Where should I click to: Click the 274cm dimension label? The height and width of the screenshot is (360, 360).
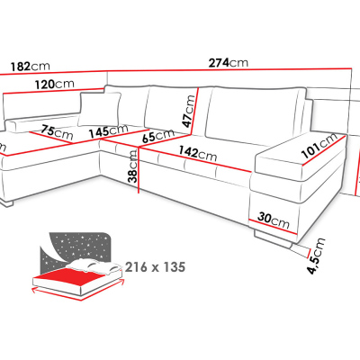click(229, 63)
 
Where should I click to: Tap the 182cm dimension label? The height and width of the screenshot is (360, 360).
click(30, 66)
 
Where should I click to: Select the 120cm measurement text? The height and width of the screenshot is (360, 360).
click(54, 84)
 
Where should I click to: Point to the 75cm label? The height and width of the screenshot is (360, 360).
click(57, 133)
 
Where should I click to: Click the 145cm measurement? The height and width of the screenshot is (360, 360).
click(108, 131)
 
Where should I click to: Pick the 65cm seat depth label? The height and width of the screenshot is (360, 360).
click(158, 136)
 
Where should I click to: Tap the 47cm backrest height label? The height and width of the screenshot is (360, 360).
click(189, 111)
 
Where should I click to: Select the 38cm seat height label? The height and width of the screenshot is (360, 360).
click(132, 166)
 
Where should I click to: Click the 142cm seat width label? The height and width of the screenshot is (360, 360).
click(198, 153)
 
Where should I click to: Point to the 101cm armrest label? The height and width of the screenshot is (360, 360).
click(319, 145)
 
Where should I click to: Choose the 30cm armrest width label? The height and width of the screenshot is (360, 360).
click(274, 220)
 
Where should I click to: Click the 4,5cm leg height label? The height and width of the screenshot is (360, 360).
click(317, 256)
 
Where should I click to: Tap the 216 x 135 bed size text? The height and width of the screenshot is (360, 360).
click(155, 266)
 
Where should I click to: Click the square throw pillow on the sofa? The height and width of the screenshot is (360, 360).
click(100, 109)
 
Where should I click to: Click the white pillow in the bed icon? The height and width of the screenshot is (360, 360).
click(94, 267)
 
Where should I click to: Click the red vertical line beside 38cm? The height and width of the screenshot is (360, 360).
click(139, 170)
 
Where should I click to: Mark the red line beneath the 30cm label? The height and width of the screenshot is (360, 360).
click(273, 228)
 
